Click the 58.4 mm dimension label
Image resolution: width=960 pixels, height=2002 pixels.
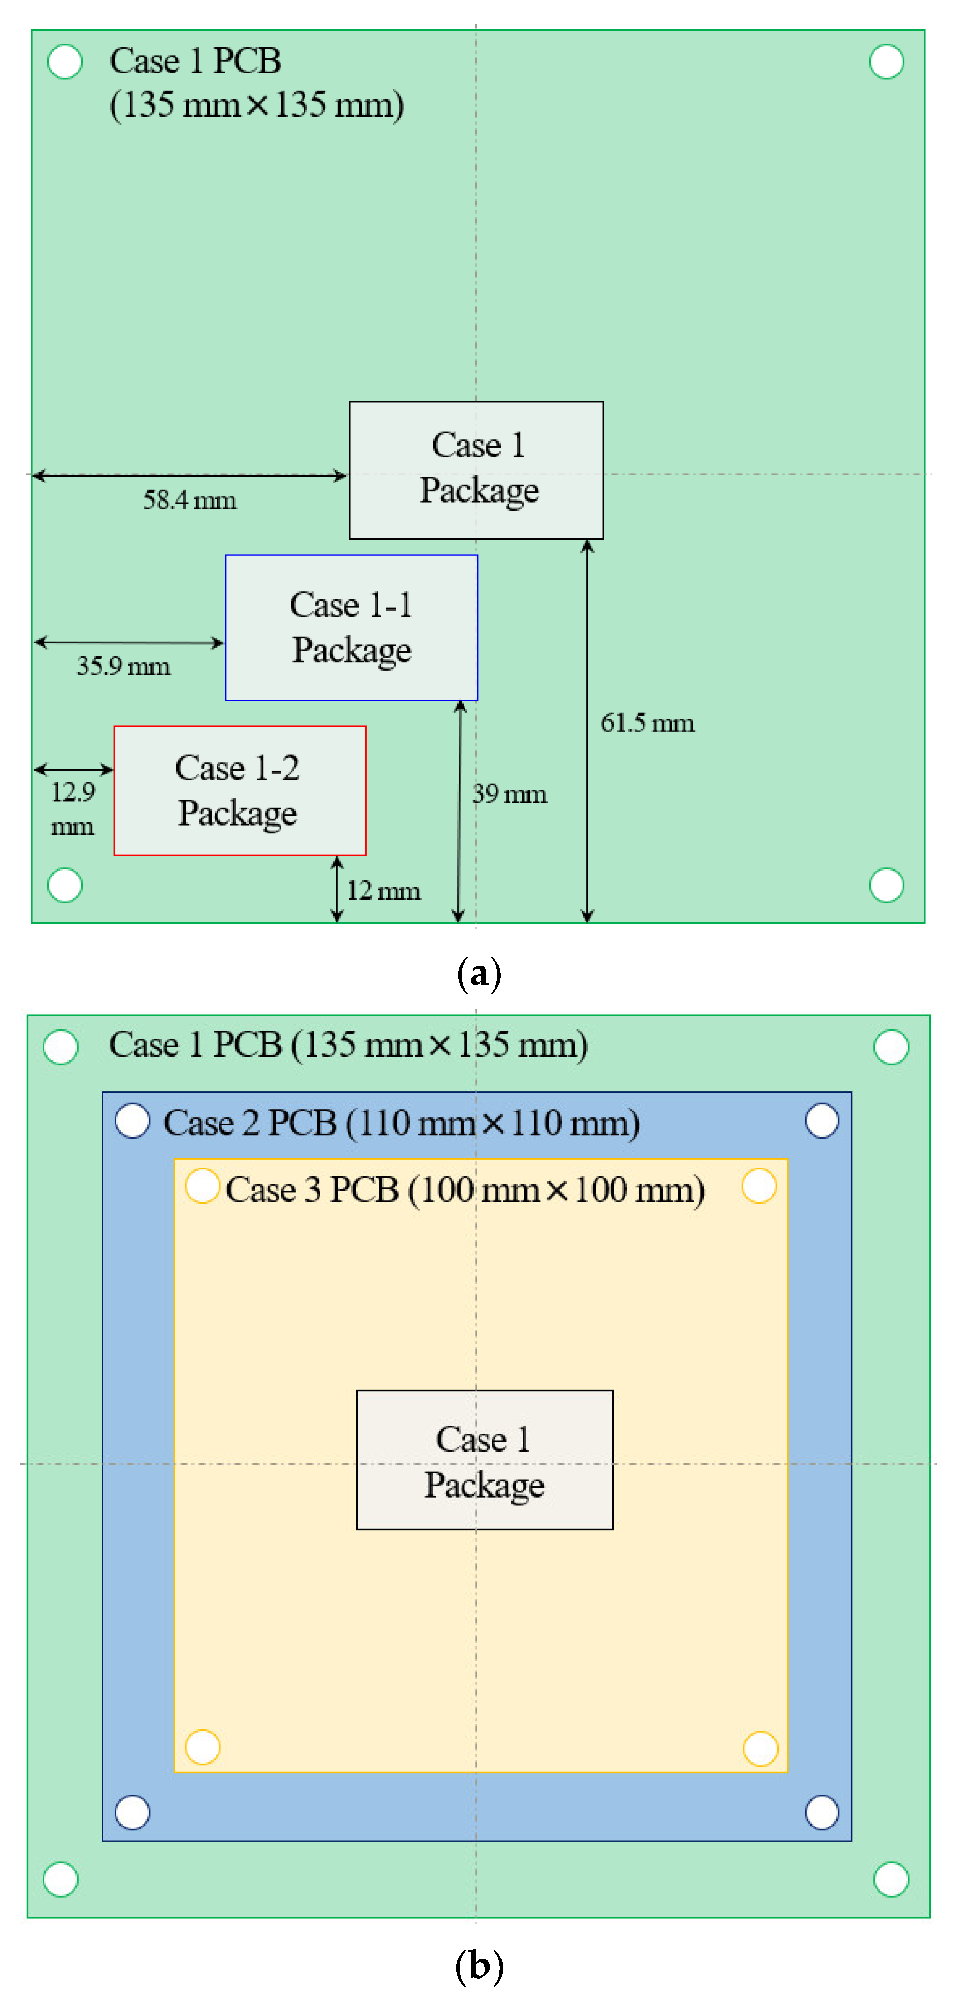click(x=189, y=500)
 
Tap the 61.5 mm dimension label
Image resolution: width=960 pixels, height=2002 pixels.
click(x=647, y=723)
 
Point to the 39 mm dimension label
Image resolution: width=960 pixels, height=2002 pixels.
click(x=509, y=793)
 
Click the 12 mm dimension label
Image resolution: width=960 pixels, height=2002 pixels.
click(x=383, y=891)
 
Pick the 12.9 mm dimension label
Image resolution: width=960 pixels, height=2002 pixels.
click(x=73, y=808)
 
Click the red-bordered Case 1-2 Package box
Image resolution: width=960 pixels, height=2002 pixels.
click(x=239, y=790)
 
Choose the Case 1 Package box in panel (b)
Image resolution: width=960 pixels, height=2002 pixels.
click(x=484, y=1460)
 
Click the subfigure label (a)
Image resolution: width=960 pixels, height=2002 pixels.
click(x=479, y=973)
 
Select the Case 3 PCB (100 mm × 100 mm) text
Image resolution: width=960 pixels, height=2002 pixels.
click(x=465, y=1190)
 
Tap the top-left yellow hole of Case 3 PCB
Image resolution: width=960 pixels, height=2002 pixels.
click(x=202, y=1186)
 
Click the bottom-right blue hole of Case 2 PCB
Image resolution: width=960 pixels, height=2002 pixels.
click(x=822, y=1812)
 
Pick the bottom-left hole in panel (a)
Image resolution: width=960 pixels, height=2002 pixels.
click(x=64, y=885)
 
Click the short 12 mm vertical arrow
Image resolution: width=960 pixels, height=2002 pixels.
click(x=336, y=889)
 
